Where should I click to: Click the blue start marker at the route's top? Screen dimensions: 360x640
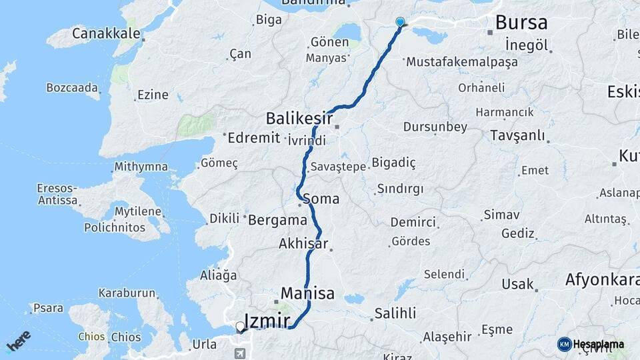click(400, 22)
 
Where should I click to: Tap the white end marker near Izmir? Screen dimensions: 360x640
click(240, 326)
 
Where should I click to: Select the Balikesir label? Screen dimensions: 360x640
click(299, 119)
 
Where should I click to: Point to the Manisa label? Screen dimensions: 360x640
click(307, 293)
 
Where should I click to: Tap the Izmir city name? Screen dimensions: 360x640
click(267, 321)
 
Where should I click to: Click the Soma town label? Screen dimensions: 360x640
click(321, 199)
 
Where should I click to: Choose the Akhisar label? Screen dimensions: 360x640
click(303, 244)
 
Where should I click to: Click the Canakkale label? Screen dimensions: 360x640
click(106, 33)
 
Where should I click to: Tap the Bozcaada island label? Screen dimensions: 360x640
click(72, 87)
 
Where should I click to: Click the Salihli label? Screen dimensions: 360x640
click(395, 313)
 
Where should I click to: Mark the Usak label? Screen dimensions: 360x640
click(518, 284)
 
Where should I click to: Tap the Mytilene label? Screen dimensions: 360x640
click(138, 212)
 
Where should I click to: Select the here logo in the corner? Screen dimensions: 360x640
click(19, 341)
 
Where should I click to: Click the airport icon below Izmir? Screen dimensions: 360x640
click(240, 353)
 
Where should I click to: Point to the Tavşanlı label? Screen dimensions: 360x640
click(517, 135)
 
